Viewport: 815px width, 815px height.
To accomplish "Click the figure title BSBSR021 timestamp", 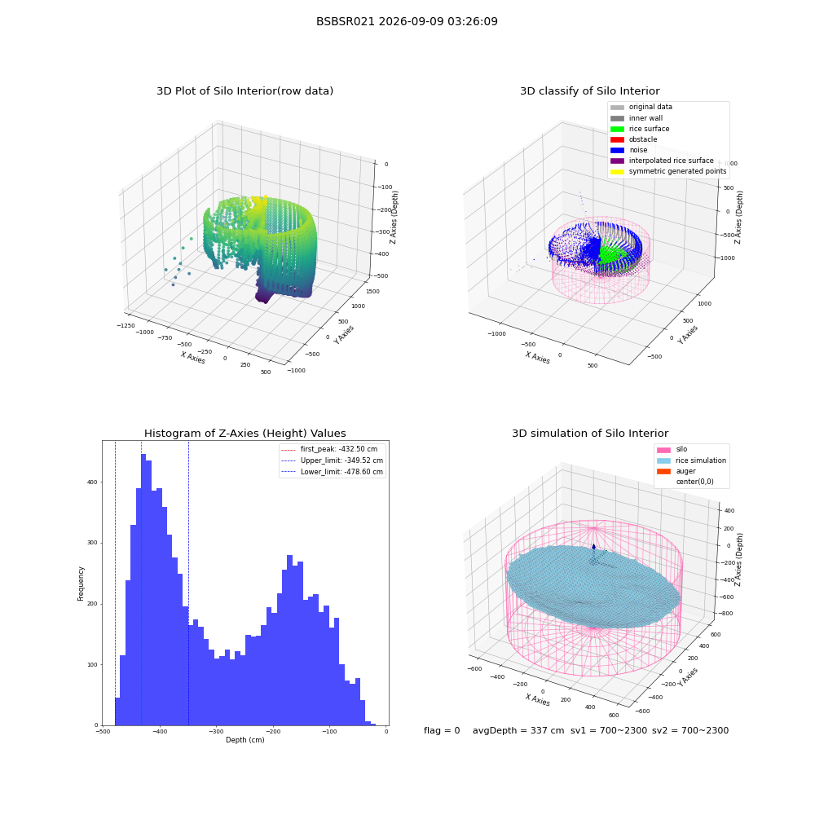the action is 407,22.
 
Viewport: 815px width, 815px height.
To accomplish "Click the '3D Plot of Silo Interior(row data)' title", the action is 244,91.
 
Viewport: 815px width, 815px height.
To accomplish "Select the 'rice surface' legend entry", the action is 640,129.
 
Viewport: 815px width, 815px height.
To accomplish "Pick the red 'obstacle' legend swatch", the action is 617,140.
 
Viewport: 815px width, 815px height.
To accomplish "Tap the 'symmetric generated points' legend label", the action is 678,171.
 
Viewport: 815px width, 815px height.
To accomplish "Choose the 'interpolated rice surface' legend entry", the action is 662,161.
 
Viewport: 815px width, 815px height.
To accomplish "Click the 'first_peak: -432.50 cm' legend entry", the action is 329,449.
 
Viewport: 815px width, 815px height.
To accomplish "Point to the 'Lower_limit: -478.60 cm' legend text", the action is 342,472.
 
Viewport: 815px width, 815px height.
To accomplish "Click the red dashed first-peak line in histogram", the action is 141,583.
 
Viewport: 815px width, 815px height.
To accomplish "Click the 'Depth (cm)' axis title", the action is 244,740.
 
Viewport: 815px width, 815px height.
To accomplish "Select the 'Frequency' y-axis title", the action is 81,584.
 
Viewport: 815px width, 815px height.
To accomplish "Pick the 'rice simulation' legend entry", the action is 691,460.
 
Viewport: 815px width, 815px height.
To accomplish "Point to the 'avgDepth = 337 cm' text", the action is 518,731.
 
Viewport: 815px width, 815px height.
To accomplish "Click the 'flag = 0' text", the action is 442,731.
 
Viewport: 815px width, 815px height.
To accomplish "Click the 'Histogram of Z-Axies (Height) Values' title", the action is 244,434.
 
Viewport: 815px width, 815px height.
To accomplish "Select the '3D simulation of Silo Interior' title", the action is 590,434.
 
